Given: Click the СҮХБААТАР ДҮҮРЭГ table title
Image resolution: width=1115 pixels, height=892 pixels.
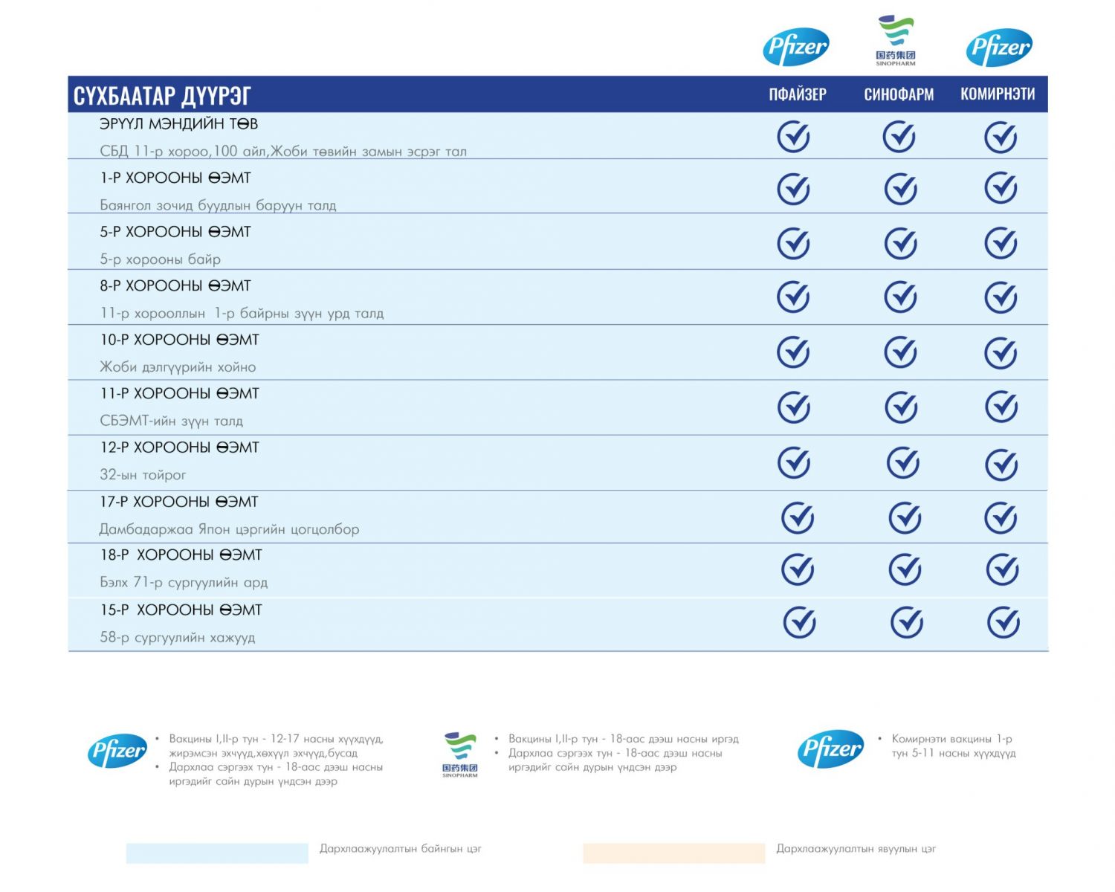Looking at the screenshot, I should pos(162,96).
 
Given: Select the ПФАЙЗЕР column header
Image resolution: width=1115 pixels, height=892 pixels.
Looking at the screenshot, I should pos(797,94).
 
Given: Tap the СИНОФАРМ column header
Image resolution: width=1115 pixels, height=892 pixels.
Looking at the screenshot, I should pos(899,94).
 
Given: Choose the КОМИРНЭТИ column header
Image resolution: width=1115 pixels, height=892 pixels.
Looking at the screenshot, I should pos(998,94).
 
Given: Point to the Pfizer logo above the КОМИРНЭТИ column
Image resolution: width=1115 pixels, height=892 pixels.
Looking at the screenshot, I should pos(999,48).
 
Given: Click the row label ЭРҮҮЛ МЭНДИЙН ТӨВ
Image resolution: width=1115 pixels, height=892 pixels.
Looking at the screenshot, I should pos(178,124).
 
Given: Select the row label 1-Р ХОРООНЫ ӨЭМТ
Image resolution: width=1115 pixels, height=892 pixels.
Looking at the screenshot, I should pos(175,178).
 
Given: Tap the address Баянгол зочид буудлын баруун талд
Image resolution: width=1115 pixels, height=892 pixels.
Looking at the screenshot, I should pos(218,205).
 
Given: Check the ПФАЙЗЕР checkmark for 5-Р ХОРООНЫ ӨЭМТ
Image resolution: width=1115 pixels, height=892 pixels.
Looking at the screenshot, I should pos(793,243).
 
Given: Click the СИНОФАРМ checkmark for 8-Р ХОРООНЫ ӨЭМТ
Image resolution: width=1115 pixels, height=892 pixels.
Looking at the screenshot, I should pos(900,297).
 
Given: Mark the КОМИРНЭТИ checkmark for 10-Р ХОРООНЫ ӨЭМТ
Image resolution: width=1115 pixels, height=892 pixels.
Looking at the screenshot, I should pos(1001,352).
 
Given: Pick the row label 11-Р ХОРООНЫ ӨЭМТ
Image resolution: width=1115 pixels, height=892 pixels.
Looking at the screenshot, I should pos(179,394).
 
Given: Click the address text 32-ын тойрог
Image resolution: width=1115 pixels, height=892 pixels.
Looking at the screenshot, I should pos(143,475).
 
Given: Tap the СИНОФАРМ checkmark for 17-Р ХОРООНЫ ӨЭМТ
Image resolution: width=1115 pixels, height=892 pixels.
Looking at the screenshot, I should pos(905,517).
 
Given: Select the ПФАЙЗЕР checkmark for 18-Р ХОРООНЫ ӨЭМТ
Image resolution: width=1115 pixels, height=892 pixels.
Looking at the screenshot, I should pos(798,569).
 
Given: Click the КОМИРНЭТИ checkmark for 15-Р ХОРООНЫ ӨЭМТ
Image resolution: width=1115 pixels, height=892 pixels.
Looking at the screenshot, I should pos(1003,623).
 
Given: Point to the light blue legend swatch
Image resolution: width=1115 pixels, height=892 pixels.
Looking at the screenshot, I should pos(217,853).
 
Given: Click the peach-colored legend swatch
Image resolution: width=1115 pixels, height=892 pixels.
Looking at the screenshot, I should pos(673,853).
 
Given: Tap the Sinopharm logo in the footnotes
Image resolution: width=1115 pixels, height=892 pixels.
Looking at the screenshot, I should pos(460,754).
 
